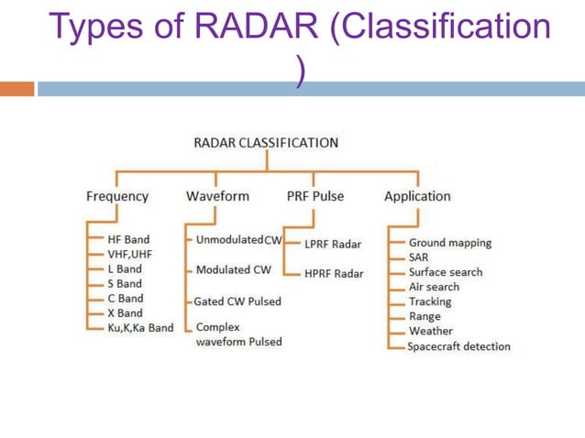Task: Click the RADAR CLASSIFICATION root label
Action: (x=266, y=143)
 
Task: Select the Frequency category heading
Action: (x=116, y=196)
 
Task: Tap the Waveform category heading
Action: (x=217, y=196)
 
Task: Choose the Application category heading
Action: (x=417, y=196)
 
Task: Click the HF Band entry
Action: (x=128, y=239)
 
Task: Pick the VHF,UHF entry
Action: (x=129, y=254)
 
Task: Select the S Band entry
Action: (x=125, y=283)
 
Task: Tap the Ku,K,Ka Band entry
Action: (x=140, y=327)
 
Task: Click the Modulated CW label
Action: (x=234, y=269)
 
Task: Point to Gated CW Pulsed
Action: (x=237, y=301)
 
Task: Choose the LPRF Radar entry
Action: (x=333, y=245)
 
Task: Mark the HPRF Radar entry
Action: (x=334, y=273)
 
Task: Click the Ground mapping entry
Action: (x=449, y=243)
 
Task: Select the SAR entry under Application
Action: (x=418, y=257)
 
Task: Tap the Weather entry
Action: (x=430, y=331)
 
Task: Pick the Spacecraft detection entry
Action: (x=458, y=346)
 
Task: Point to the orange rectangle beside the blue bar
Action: (x=17, y=89)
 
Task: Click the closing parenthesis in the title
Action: (x=300, y=70)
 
